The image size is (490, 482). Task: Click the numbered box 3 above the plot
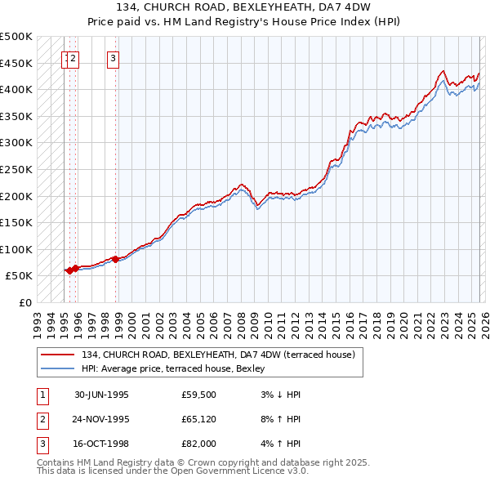(113, 58)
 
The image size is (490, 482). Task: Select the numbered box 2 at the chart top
(73, 58)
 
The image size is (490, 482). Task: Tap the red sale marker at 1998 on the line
(115, 259)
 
